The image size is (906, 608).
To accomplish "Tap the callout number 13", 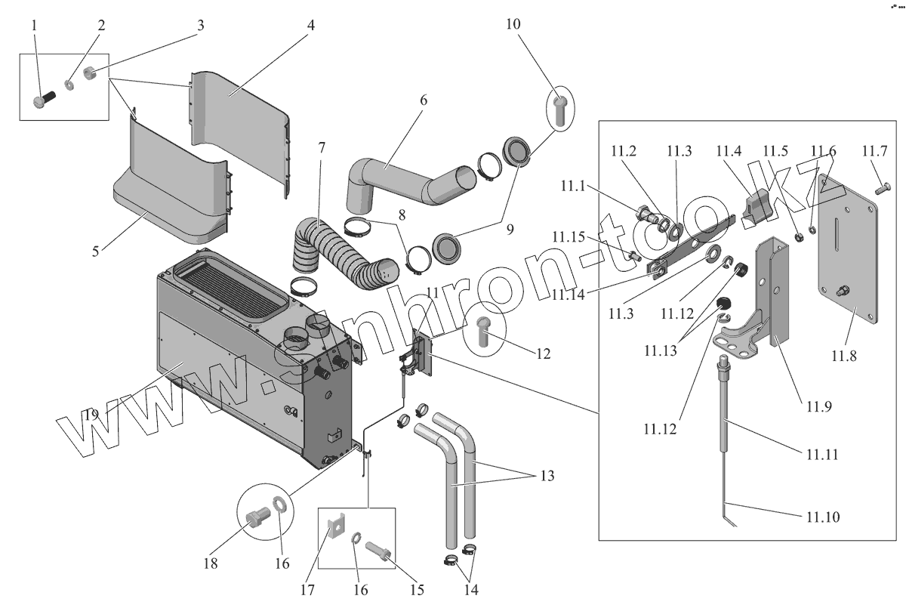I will click(547, 476).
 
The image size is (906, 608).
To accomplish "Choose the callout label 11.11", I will click(821, 455).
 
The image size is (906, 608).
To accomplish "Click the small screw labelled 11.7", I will click(880, 189).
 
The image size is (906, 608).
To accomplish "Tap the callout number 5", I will click(96, 250).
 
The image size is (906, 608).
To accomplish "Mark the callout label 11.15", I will click(568, 237).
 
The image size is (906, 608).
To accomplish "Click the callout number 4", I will click(310, 24).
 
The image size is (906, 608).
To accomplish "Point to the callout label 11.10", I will click(821, 517).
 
